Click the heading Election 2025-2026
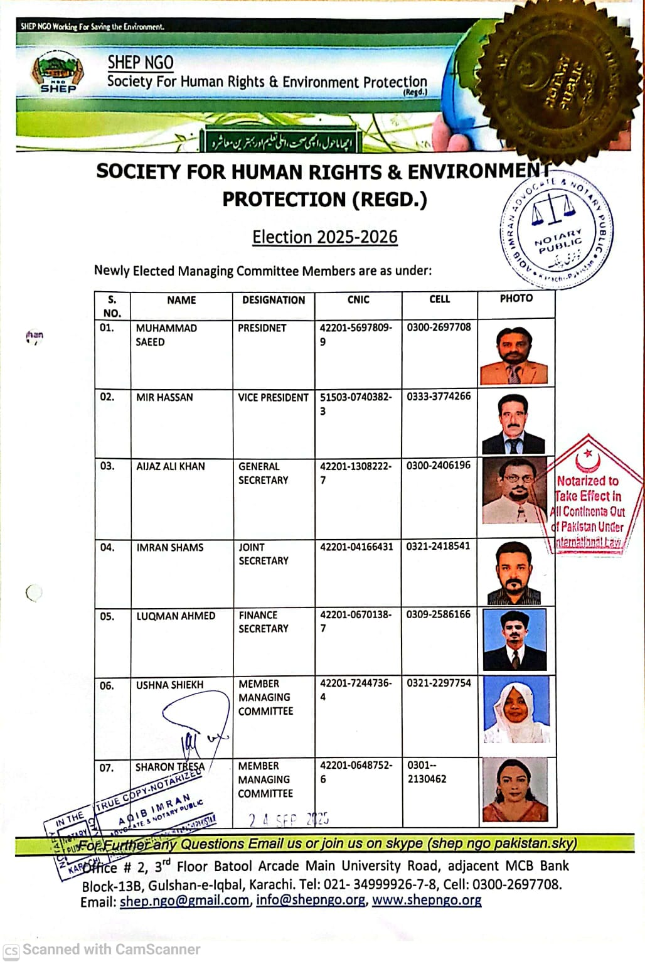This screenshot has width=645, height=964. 325,237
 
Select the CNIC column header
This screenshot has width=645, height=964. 358,300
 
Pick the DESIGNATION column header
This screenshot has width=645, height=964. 274,300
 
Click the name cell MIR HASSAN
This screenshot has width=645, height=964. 164,397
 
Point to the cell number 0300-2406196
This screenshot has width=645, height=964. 438,466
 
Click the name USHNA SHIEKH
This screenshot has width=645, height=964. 170,685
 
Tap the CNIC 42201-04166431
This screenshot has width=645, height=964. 356,547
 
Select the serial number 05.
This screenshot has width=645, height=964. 107,616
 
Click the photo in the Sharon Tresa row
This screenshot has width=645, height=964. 514,791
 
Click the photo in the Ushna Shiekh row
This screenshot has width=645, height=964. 516,710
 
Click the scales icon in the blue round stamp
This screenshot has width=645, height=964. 553,210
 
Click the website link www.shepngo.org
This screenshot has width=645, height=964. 427,900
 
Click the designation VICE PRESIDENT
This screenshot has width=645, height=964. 273,397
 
